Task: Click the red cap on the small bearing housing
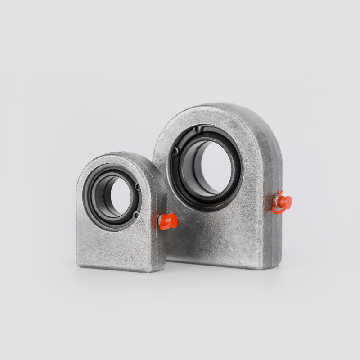(169, 220)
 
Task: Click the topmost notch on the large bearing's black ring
(197, 130)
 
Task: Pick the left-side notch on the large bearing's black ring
(175, 152)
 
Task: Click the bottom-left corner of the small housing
(78, 265)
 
